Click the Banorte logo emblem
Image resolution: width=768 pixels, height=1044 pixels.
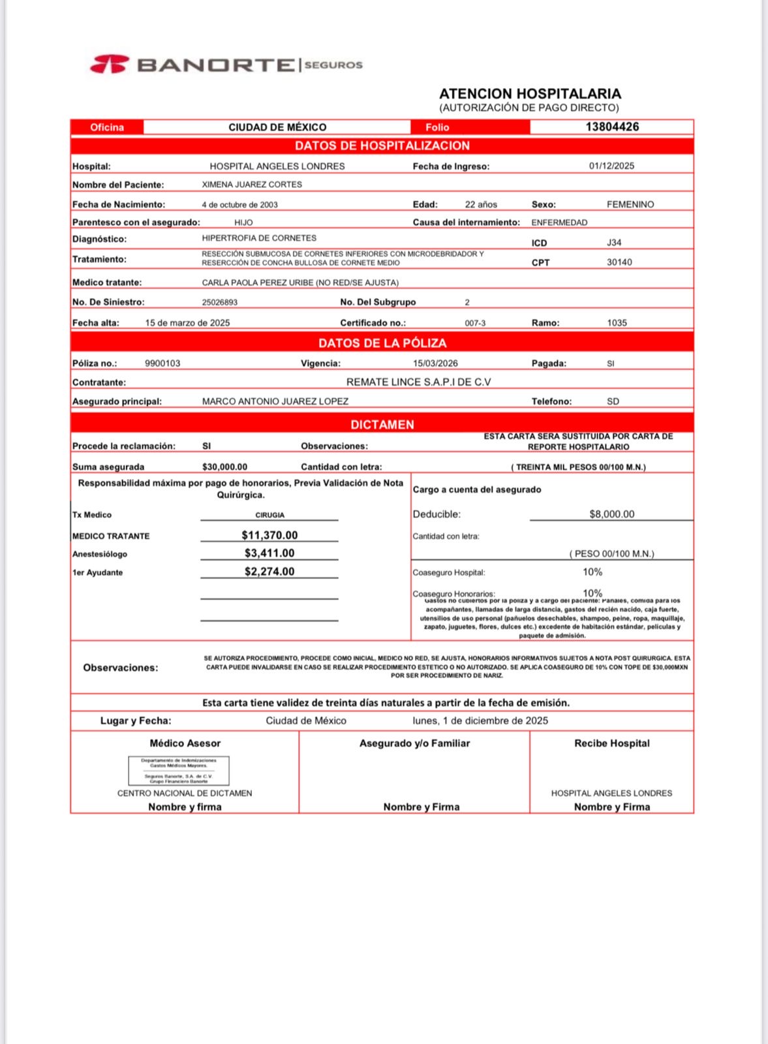click(x=109, y=65)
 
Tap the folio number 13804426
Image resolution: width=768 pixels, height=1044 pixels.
click(x=611, y=127)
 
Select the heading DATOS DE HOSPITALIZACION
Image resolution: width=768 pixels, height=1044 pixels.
click(x=382, y=146)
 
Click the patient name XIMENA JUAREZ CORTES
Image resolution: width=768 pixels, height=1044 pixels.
click(x=252, y=185)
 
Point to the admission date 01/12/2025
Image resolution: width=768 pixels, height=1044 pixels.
click(x=611, y=166)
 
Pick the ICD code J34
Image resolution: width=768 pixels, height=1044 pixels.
click(x=614, y=243)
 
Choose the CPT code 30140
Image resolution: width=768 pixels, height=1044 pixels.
click(x=619, y=262)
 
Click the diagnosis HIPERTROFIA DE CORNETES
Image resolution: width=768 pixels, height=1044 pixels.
click(x=259, y=238)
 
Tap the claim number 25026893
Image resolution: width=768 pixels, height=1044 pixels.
click(x=220, y=302)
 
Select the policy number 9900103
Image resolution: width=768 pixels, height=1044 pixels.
click(x=162, y=363)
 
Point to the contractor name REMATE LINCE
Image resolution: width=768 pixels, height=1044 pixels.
click(x=418, y=382)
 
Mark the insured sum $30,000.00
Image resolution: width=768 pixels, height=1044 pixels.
click(x=224, y=467)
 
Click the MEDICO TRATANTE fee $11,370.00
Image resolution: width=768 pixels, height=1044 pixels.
click(x=269, y=535)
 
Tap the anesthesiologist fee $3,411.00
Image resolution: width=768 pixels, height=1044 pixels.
click(x=269, y=553)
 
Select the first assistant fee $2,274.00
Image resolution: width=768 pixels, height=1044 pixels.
click(x=269, y=572)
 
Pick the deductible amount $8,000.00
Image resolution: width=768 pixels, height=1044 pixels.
click(x=611, y=514)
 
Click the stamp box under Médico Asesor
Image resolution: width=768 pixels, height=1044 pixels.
click(x=179, y=771)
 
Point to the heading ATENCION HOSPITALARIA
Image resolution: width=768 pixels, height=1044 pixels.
click(x=530, y=94)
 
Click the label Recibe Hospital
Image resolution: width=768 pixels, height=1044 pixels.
click(x=611, y=743)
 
